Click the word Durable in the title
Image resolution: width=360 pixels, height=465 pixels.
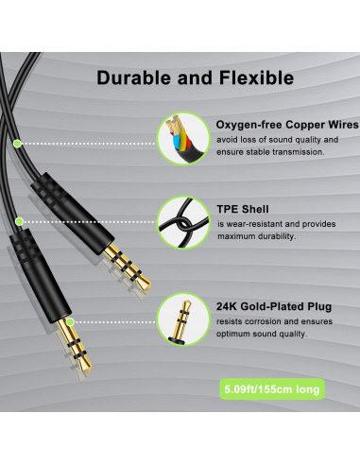(x=131, y=77)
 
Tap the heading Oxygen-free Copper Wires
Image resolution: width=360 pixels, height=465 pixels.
(x=287, y=125)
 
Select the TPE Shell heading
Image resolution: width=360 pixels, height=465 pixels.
(x=244, y=209)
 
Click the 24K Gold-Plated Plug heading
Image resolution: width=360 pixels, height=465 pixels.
(x=274, y=306)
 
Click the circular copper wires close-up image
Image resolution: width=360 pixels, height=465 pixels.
(x=180, y=138)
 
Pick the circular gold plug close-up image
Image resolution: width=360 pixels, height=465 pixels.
(x=180, y=321)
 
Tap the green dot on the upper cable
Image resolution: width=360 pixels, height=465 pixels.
(x=17, y=143)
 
